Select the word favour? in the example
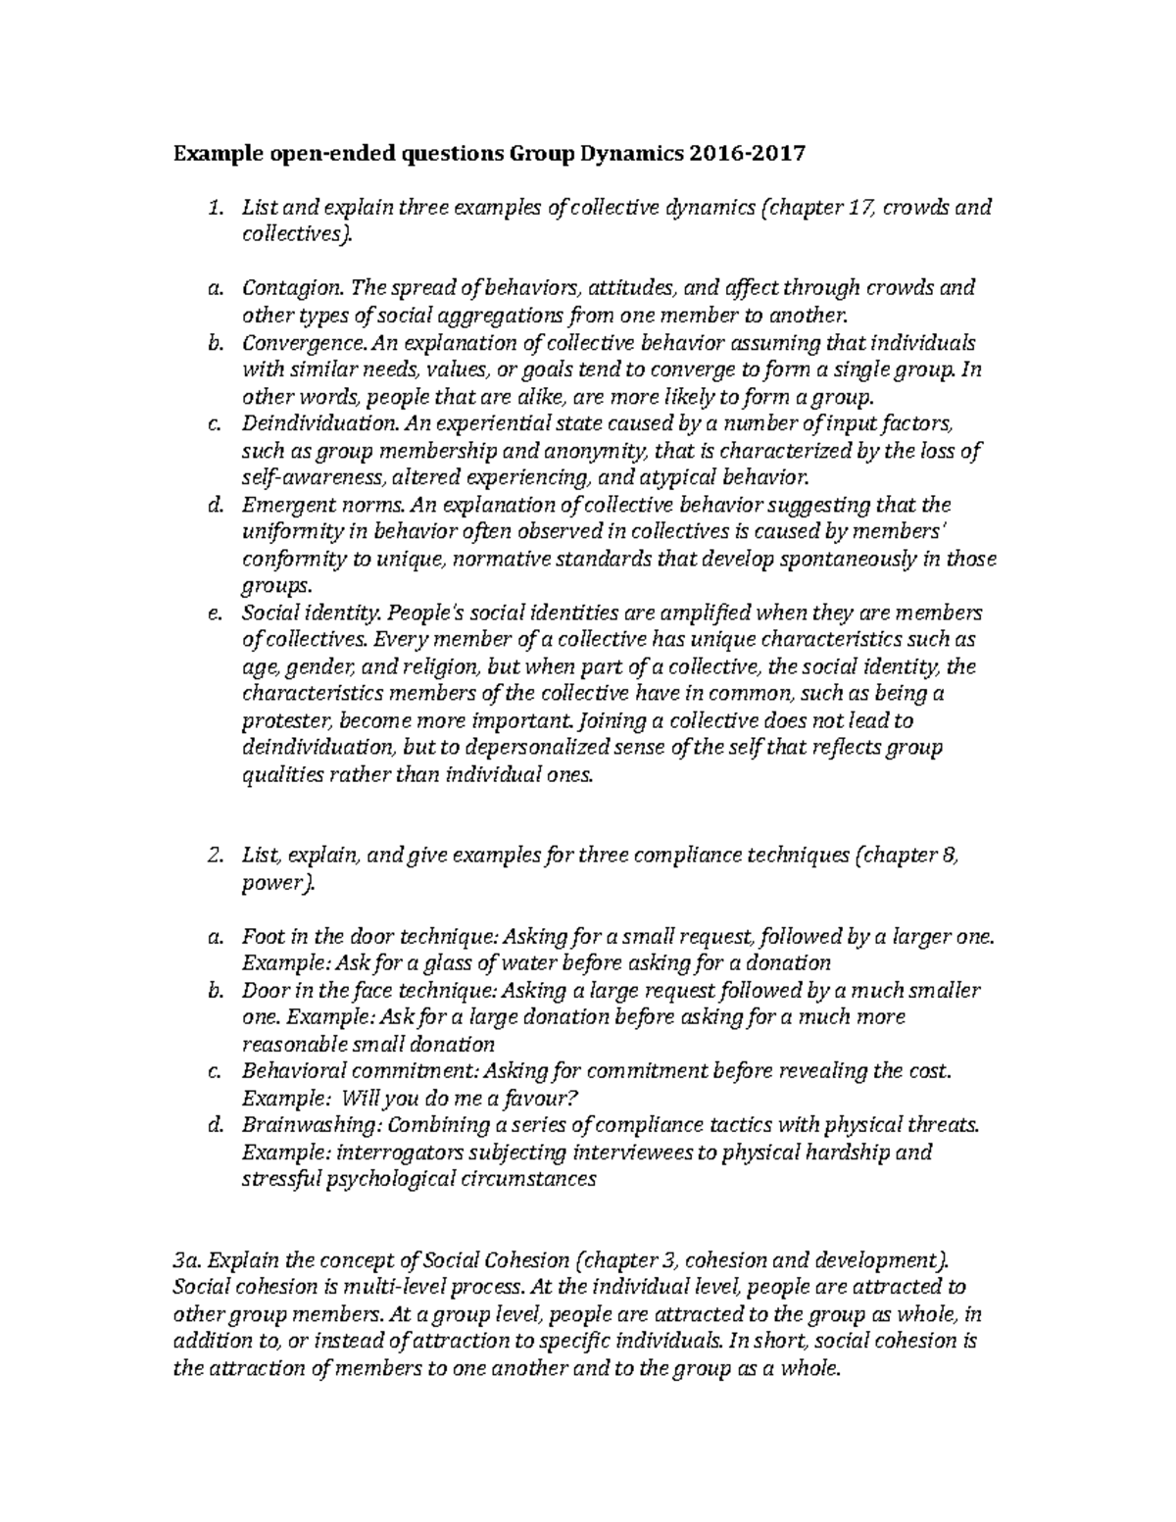point(399,1097)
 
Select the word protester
point(286,721)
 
